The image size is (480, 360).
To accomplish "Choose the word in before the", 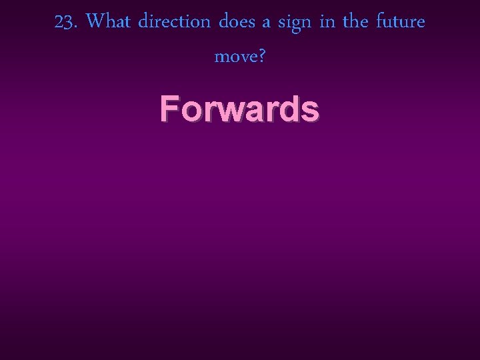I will pos(327,22).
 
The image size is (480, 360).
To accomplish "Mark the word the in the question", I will pos(355,22).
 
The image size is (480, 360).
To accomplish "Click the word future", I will pos(400,22).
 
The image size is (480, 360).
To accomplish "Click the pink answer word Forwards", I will pos(239,108).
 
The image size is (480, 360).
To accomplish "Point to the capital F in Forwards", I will pos(169,108).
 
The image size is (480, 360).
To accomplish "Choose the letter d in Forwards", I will pos(292,108).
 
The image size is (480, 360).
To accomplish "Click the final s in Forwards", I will pos(311,111).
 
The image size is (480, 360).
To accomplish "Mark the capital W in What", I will pos(97,22).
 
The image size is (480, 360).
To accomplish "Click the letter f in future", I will pos(379,21).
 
